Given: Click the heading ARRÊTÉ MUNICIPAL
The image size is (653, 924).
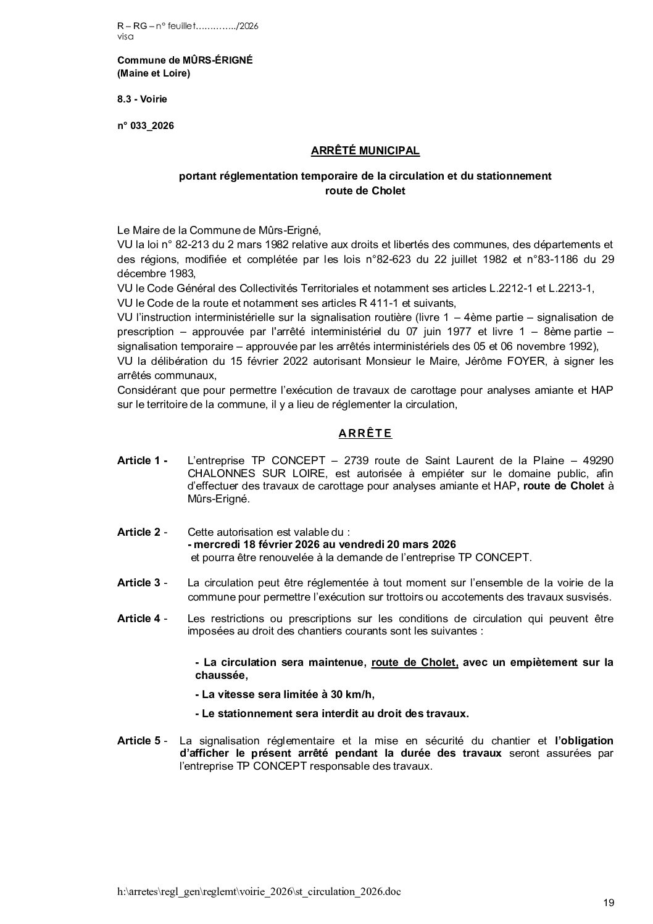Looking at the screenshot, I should tap(365, 150).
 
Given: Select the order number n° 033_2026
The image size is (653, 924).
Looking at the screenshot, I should tap(146, 126).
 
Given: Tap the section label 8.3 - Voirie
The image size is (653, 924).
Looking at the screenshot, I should tap(142, 99).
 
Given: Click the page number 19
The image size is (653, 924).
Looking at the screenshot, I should tap(609, 903).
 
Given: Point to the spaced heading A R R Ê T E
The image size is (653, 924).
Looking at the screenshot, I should tap(365, 433).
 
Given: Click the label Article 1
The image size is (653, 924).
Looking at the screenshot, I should tap(142, 460).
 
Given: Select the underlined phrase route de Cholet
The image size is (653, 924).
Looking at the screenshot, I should tap(414, 662).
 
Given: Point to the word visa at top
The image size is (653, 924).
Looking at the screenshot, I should tap(125, 36).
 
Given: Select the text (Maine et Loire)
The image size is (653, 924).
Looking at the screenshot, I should tap(154, 73).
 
